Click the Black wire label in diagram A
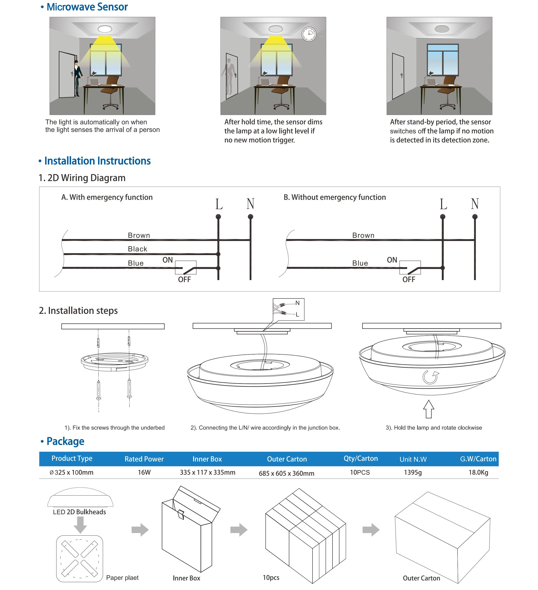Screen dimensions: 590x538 coord(138,249)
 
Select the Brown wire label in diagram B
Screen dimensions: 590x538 coord(363,235)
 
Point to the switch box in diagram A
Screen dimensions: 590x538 coord(186,267)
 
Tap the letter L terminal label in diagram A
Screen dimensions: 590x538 coord(219,204)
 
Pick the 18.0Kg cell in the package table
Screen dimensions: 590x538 coord(478,472)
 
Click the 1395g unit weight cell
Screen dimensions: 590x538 coord(413,472)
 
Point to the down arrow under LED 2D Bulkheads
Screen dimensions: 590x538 coord(80,525)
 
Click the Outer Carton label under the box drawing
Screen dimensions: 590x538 coord(421,578)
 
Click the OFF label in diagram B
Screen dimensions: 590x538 coord(408,280)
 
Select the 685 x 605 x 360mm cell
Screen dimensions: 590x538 coord(286,473)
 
